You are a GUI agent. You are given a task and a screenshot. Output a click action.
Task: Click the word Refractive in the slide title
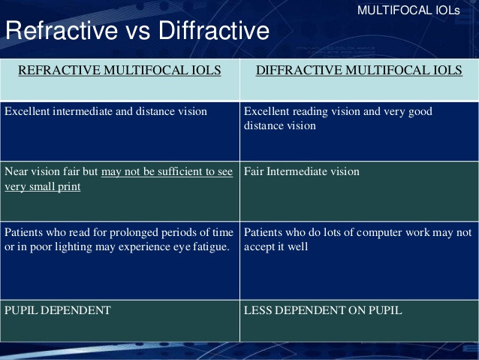tap(62, 30)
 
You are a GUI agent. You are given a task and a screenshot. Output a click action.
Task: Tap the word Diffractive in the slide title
tap(213, 30)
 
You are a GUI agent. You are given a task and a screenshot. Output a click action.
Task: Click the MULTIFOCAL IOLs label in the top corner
tap(408, 11)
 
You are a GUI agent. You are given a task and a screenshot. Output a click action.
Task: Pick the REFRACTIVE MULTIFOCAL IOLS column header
tap(119, 70)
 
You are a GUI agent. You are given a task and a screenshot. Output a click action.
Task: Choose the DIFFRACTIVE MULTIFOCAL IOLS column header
tap(359, 70)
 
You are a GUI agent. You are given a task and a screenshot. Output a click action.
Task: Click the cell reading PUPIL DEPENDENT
tap(57, 310)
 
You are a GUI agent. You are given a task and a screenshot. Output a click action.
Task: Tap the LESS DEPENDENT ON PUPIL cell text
tap(323, 310)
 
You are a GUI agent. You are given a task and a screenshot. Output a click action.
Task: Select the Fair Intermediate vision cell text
tap(302, 171)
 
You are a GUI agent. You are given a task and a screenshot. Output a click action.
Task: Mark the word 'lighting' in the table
tap(74, 247)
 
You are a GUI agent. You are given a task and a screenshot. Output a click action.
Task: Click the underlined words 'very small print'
tap(43, 186)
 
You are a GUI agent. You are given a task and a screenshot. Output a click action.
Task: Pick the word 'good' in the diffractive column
tap(420, 112)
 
